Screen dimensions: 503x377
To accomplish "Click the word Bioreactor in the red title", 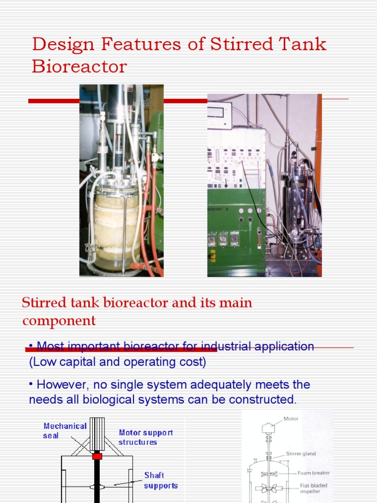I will (79, 66).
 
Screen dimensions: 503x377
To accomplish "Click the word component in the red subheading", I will (59, 321).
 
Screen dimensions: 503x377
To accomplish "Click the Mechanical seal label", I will (65, 431).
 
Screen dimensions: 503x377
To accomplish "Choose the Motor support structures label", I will (146, 437).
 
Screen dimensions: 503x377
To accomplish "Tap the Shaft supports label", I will (161, 480).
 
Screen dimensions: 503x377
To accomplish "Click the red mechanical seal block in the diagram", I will (97, 456).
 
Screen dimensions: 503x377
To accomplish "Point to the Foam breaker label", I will (313, 473).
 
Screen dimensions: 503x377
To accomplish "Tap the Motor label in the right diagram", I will (291, 419).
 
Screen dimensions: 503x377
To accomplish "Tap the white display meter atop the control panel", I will (219, 113).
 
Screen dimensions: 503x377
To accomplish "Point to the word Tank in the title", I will (303, 44).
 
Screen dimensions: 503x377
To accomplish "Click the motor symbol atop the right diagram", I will (268, 427).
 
